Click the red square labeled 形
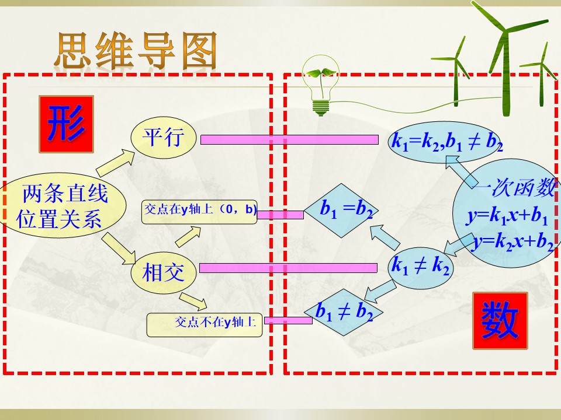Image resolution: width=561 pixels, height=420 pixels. tap(66, 124)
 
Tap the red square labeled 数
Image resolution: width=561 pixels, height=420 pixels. tap(500, 321)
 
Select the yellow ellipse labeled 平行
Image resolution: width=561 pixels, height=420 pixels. tap(164, 138)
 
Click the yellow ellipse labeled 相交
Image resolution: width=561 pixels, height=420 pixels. tap(164, 273)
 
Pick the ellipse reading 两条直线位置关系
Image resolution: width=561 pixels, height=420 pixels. tap(61, 206)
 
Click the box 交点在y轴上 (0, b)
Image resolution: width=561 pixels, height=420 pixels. tap(199, 212)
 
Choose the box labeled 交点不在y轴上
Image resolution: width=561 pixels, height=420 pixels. tap(205, 325)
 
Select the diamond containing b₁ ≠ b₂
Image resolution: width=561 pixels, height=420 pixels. tap(344, 313)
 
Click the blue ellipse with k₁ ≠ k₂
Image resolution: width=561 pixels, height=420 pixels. tap(420, 268)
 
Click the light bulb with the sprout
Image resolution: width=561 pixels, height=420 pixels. tap(321, 85)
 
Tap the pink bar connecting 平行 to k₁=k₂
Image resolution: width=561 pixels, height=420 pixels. tap(289, 139)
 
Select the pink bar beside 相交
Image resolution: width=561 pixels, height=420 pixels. tap(288, 268)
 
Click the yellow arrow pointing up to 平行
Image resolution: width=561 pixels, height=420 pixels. tap(116, 163)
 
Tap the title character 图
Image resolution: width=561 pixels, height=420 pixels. tap(199, 50)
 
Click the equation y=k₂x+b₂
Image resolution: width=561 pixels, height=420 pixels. tap(512, 242)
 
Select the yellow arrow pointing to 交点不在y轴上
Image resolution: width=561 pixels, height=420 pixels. tap(193, 302)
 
